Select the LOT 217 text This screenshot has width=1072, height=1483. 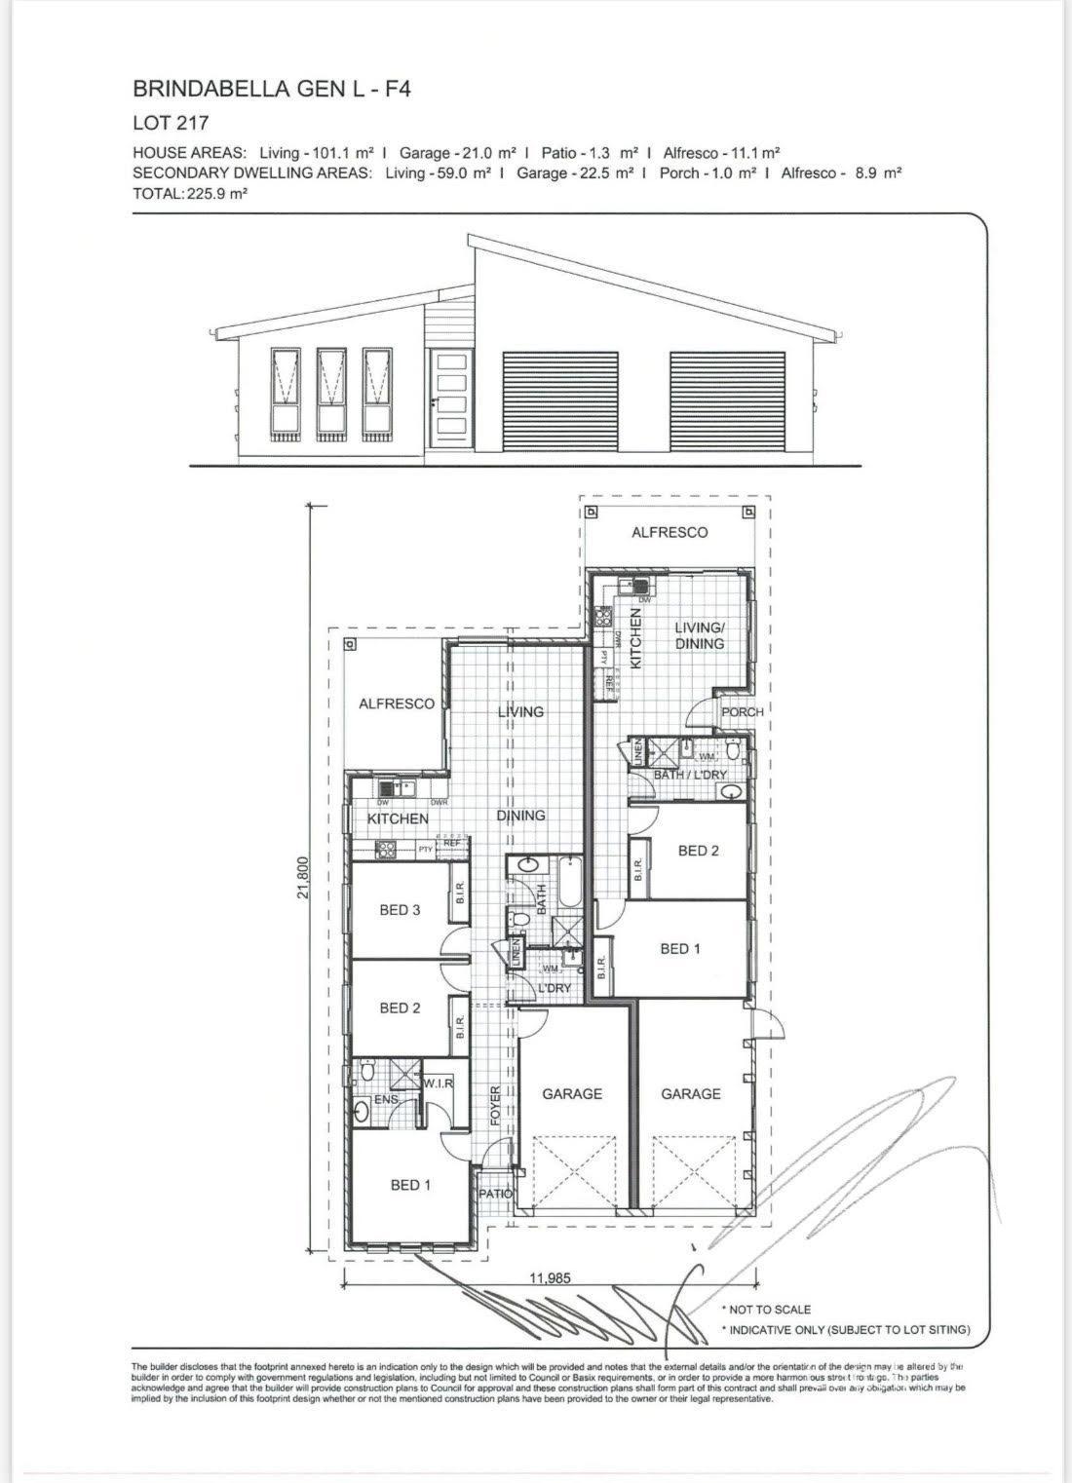click(x=171, y=124)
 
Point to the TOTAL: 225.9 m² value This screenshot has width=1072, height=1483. click(x=190, y=194)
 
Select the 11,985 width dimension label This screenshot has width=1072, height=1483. click(x=550, y=1278)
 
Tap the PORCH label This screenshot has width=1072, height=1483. click(x=742, y=712)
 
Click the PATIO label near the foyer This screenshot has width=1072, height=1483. click(x=495, y=1193)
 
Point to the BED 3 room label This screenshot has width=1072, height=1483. click(x=400, y=910)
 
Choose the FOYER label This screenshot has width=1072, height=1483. click(x=495, y=1106)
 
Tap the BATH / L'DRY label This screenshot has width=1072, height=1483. click(x=690, y=775)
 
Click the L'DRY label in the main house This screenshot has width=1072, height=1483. click(x=555, y=988)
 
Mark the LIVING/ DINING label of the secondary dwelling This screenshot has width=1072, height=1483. click(x=700, y=635)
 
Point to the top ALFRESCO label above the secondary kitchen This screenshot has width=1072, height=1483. click(x=670, y=532)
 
